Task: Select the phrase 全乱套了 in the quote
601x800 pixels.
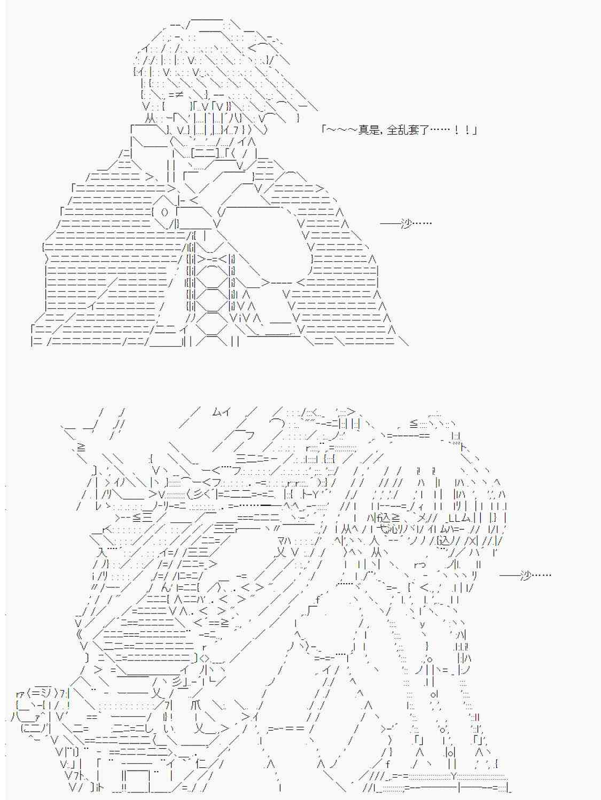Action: coord(408,130)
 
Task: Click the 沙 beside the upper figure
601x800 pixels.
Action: coord(405,223)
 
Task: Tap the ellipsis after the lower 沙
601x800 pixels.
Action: coord(541,576)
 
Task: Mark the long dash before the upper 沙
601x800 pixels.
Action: coord(390,223)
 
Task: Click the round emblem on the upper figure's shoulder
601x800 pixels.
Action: coord(165,213)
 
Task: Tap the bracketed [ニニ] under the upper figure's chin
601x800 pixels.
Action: coord(206,154)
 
